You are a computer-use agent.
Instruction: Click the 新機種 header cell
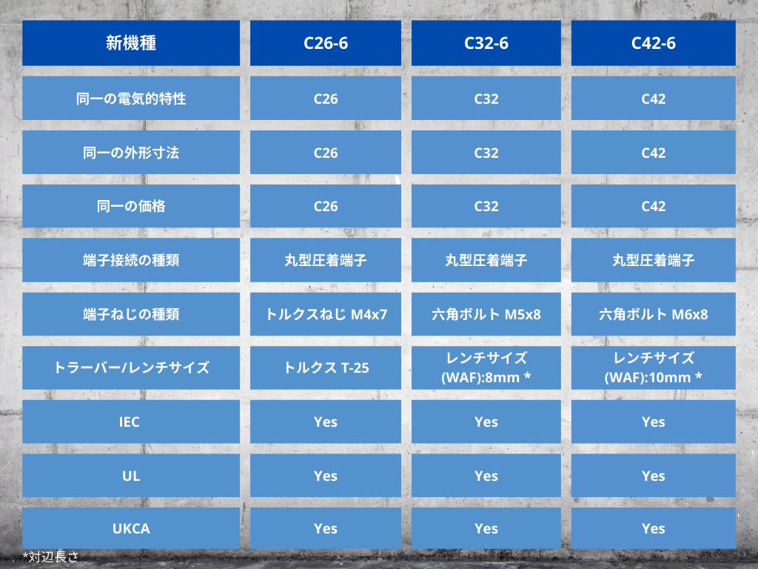131,43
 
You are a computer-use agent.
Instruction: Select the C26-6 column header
326,43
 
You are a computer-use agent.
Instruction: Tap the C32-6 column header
486,43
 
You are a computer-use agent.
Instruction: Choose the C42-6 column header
653,43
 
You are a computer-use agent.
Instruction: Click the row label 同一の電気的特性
131,99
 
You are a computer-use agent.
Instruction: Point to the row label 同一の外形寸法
131,153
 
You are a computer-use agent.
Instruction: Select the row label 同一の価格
131,206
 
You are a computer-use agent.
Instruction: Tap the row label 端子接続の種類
131,260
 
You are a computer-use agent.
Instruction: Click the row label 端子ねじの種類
131,314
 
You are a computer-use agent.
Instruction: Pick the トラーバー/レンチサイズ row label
131,367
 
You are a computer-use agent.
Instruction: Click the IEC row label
131,422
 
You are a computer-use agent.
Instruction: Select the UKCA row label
131,528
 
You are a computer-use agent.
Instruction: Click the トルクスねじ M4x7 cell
326,314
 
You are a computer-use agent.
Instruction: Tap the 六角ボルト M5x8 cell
486,314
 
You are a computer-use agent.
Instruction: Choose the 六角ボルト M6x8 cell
653,314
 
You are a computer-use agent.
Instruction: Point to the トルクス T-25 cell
326,367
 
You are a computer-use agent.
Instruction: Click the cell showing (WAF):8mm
486,367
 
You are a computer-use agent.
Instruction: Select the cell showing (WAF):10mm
653,367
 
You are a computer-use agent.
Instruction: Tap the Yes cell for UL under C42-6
653,476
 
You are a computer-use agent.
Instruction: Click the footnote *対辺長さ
50,557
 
